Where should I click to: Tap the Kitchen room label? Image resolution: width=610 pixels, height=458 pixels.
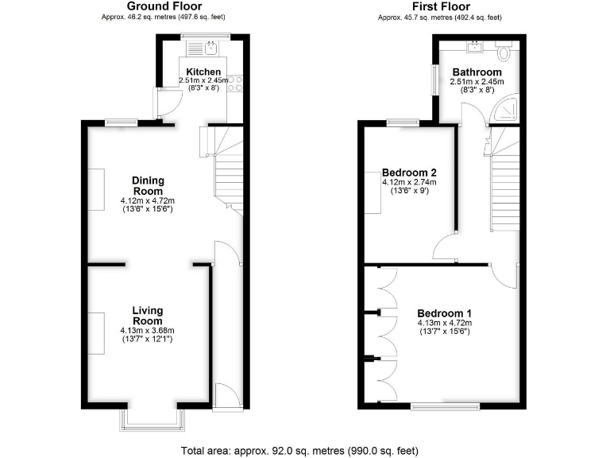(x=203, y=72)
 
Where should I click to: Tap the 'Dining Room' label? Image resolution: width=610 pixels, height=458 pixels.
(x=147, y=186)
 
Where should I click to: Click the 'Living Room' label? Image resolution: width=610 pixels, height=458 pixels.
(x=147, y=316)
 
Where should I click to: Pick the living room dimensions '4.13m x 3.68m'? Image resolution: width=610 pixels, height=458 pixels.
(x=147, y=331)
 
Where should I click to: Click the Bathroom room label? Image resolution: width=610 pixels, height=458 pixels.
(x=477, y=72)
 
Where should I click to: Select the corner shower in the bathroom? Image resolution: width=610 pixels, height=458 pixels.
(x=505, y=112)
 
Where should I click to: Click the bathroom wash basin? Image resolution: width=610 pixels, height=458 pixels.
(x=477, y=46)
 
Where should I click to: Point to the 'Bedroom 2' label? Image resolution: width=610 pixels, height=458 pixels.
(x=409, y=173)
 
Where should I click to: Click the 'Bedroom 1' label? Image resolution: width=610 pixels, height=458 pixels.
(x=444, y=312)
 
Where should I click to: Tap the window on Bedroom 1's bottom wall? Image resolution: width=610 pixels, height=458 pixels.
(x=444, y=406)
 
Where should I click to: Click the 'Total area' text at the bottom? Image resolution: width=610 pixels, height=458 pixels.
(x=299, y=450)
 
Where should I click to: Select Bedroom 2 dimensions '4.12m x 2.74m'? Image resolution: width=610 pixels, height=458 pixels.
(x=409, y=183)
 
